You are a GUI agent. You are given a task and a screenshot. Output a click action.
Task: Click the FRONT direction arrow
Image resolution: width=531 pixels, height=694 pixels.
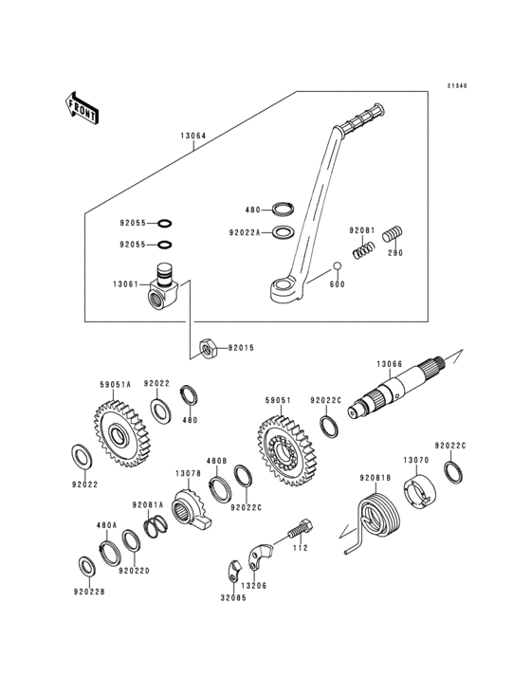(82, 108)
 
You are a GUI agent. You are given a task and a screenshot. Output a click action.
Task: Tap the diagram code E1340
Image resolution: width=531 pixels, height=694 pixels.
(456, 86)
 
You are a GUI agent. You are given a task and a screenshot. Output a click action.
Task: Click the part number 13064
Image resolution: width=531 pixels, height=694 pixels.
(192, 136)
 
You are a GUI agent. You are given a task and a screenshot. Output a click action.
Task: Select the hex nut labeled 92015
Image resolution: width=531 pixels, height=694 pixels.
(207, 349)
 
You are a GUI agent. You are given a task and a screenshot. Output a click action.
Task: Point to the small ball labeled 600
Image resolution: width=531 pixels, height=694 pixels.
(338, 266)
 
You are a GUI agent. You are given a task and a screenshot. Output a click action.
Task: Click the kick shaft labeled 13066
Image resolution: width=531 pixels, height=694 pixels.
(396, 387)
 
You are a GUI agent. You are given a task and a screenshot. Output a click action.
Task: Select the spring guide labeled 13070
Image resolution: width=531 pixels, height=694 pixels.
(418, 492)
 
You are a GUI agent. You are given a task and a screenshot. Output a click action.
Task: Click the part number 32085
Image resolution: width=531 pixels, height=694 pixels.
(233, 597)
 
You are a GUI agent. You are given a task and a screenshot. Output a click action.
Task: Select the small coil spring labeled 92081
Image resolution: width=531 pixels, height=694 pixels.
(364, 250)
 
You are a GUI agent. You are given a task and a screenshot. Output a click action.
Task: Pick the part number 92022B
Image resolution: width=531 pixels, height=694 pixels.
(89, 592)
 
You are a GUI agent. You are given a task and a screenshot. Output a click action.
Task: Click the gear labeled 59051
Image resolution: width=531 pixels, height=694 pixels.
(286, 451)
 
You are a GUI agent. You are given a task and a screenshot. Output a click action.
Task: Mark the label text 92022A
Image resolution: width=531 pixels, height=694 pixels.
(245, 232)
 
